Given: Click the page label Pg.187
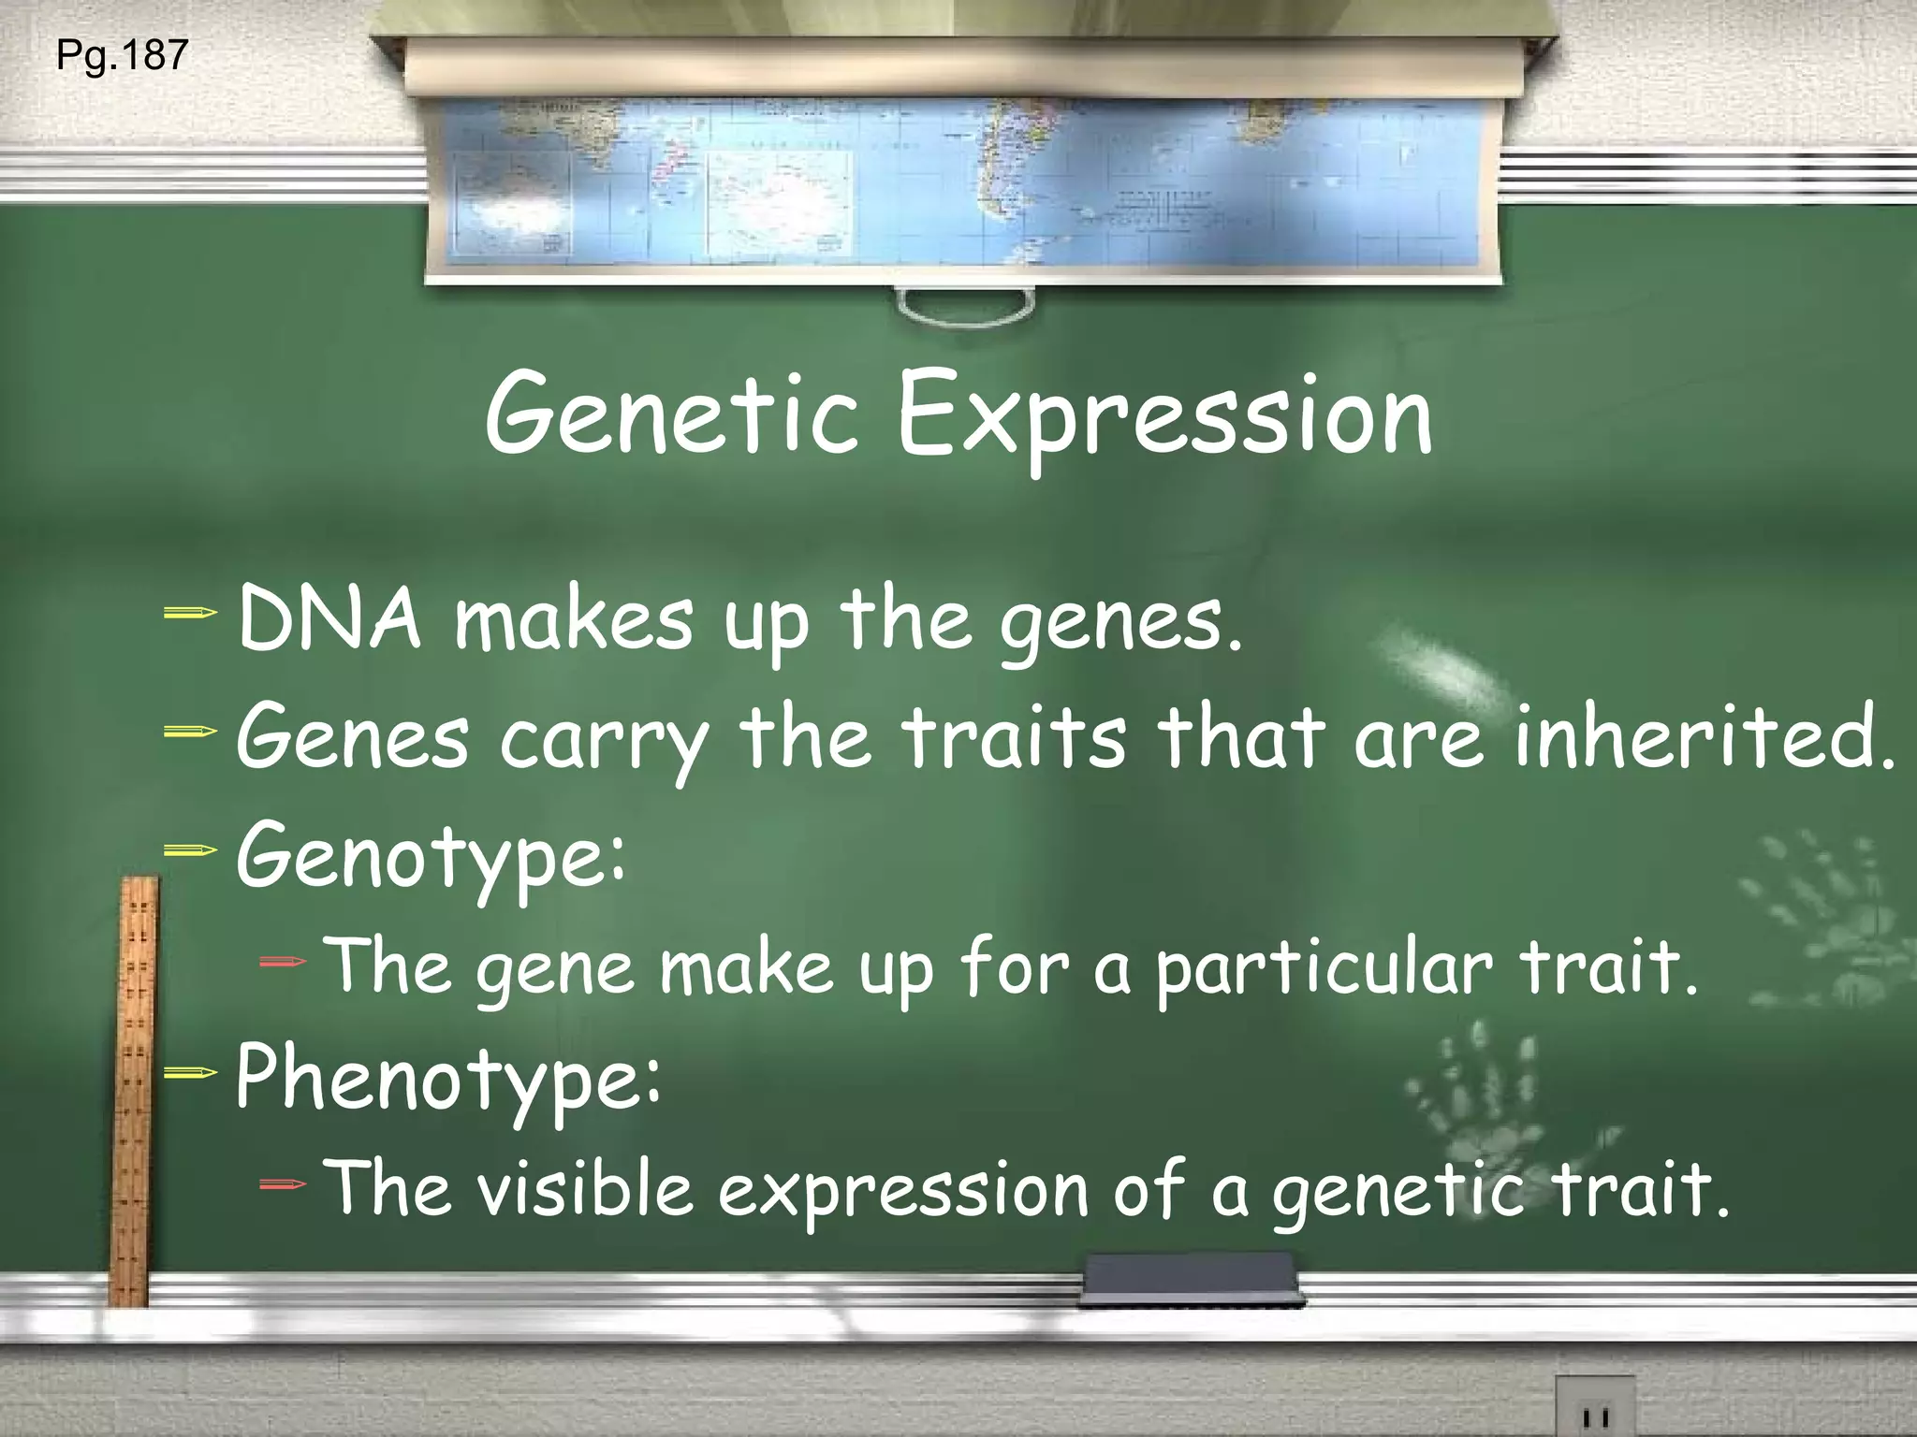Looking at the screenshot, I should (122, 56).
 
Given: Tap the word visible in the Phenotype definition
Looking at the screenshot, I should (585, 1188).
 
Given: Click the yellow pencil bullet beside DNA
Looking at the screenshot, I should (190, 614).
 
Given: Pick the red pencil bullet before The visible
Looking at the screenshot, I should (282, 1184).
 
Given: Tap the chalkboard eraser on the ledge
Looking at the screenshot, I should (1190, 1278).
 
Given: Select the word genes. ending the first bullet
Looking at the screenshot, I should (1122, 622).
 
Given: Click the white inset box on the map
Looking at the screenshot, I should (778, 200).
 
